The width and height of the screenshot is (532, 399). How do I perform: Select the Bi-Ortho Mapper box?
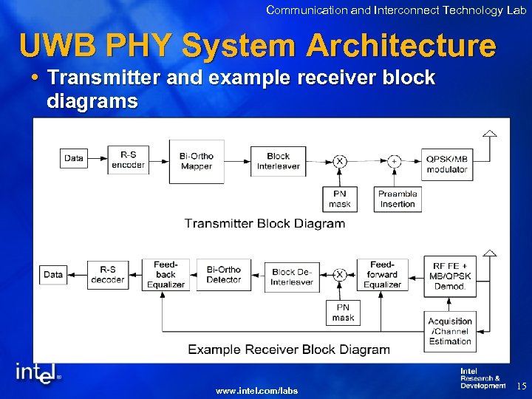[x=197, y=161]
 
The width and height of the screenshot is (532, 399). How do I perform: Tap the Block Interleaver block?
[x=278, y=161]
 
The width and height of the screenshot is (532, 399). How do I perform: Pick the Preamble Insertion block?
[x=398, y=199]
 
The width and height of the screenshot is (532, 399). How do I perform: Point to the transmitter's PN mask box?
[x=340, y=199]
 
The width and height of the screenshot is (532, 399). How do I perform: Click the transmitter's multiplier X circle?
[x=340, y=161]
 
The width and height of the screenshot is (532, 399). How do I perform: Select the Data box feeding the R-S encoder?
[x=74, y=158]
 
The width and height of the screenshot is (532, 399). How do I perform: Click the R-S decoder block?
[x=108, y=275]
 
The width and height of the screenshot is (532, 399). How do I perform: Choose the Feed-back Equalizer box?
[x=166, y=274]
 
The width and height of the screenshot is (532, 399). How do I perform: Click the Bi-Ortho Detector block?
[x=224, y=275]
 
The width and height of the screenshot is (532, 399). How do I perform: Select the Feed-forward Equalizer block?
[x=382, y=274]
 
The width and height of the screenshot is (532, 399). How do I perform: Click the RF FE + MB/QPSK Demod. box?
[x=449, y=276]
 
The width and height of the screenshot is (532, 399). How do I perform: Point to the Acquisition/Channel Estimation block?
[x=450, y=331]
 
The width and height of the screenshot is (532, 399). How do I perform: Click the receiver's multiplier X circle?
[x=340, y=275]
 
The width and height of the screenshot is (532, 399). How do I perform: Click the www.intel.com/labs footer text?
[x=256, y=390]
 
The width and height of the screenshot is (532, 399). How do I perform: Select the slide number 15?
[x=520, y=386]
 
